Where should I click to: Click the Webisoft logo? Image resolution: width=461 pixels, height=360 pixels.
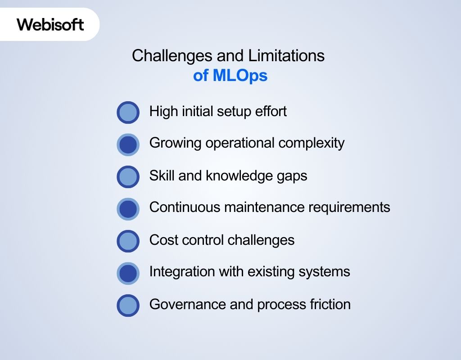50,24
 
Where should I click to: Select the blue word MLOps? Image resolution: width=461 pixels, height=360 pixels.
240,76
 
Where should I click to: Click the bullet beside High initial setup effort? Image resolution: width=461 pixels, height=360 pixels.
128,112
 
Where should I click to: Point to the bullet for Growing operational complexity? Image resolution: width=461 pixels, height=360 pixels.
128,144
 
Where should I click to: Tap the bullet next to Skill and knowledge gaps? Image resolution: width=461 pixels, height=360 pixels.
128,177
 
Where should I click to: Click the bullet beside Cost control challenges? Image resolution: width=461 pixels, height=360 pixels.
128,241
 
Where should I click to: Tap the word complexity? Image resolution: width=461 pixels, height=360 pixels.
312,144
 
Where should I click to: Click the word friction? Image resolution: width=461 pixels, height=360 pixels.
330,304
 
